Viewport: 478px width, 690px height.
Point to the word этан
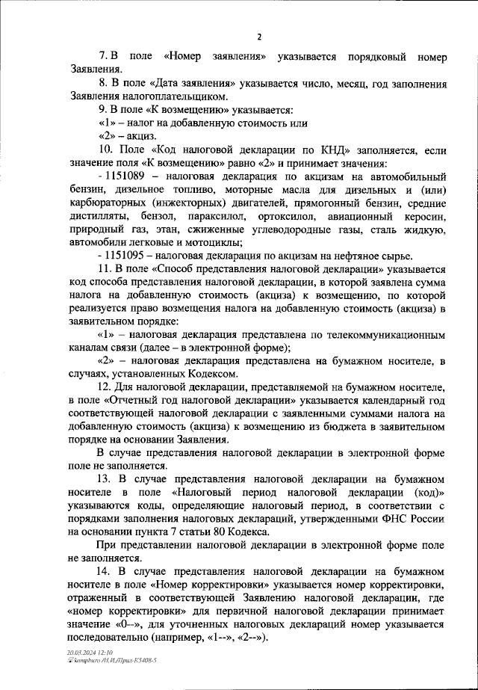[161, 229]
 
